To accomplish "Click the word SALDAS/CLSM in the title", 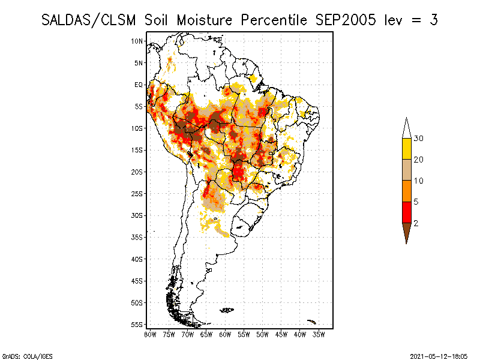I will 91,20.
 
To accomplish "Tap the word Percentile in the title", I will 275,20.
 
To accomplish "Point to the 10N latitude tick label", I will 137,41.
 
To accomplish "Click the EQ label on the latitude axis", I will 139,85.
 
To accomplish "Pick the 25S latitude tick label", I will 137,194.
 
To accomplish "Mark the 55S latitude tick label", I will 137,325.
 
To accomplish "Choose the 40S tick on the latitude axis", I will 137,259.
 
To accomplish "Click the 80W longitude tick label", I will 150,334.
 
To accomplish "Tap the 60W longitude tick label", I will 225,334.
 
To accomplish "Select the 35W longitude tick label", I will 319,334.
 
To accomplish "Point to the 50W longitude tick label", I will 262,334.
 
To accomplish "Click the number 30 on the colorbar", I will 419,139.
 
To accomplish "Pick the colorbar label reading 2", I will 415,223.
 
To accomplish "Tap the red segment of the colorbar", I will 407,212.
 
